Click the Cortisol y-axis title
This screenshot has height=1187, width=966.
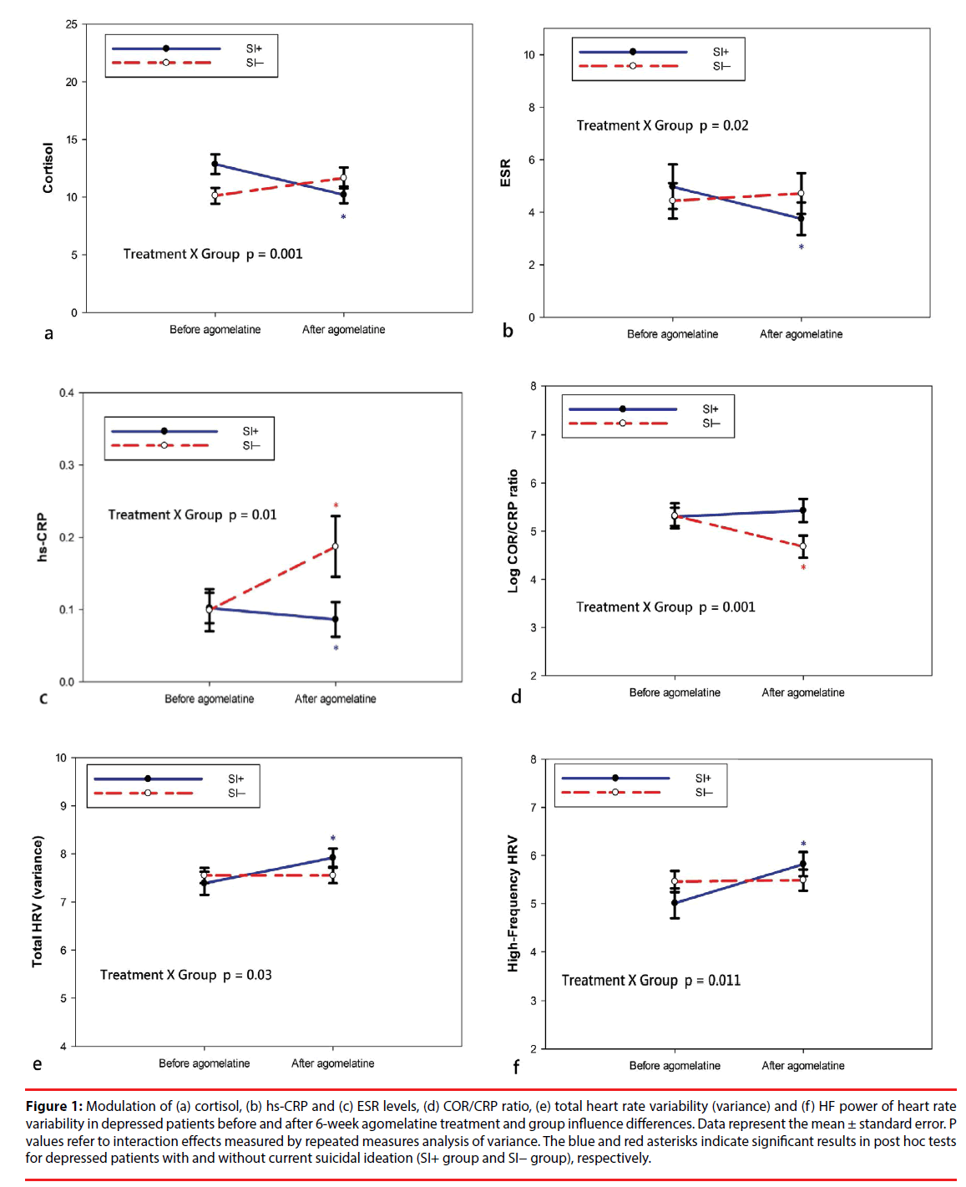pos(48,167)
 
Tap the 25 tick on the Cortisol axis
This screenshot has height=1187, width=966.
pos(72,24)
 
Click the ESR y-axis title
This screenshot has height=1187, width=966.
pos(505,173)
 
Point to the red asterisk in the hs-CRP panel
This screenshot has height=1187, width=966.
pos(336,505)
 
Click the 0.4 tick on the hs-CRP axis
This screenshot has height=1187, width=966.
pos(66,393)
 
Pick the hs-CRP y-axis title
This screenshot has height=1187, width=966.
pos(42,537)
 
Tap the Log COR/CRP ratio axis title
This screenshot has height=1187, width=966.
pos(513,531)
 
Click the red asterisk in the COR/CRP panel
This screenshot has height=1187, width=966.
pos(803,568)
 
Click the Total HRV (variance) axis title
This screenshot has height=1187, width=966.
pos(37,901)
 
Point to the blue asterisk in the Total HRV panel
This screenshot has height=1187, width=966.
pos(332,839)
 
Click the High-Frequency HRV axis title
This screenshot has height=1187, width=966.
pos(513,904)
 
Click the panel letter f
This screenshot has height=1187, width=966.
pos(516,1067)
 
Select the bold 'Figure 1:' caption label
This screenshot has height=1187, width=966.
pos(54,1106)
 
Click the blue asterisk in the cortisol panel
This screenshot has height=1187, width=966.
pos(343,217)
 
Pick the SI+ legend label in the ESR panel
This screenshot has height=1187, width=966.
pos(721,52)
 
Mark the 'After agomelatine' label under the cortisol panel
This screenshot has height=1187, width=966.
pos(343,330)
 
